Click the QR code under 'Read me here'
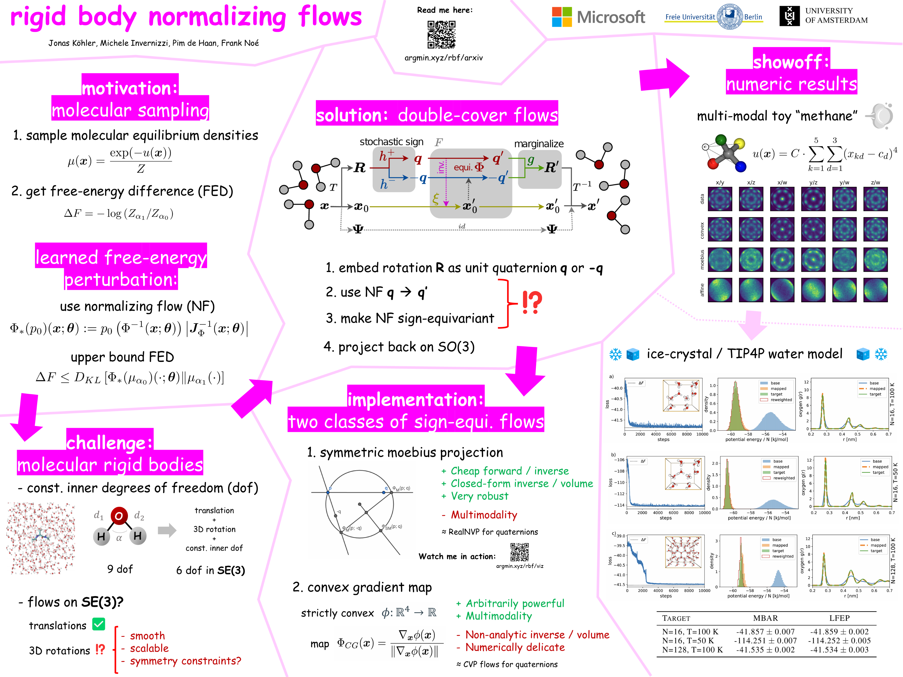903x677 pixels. pos(441,35)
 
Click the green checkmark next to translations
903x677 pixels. pos(99,624)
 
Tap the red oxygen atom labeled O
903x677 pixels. pos(119,516)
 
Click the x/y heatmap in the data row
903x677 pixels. pos(720,199)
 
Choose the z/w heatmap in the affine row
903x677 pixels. pos(875,290)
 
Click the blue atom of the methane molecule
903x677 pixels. pos(741,166)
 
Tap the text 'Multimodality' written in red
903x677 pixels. pos(484,515)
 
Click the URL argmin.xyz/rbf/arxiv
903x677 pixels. pos(443,58)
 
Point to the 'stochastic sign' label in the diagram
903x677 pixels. pos(391,142)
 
